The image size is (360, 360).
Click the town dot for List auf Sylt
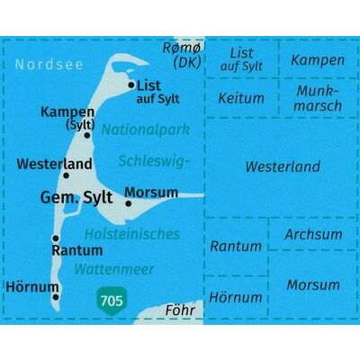coord(132,86)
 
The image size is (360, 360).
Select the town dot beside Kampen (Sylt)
coord(87,134)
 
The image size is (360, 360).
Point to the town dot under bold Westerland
coord(66,175)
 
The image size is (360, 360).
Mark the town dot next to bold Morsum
coord(130,203)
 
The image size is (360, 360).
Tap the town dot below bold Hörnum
coord(57,294)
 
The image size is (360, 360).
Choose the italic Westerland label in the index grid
coord(282,167)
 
